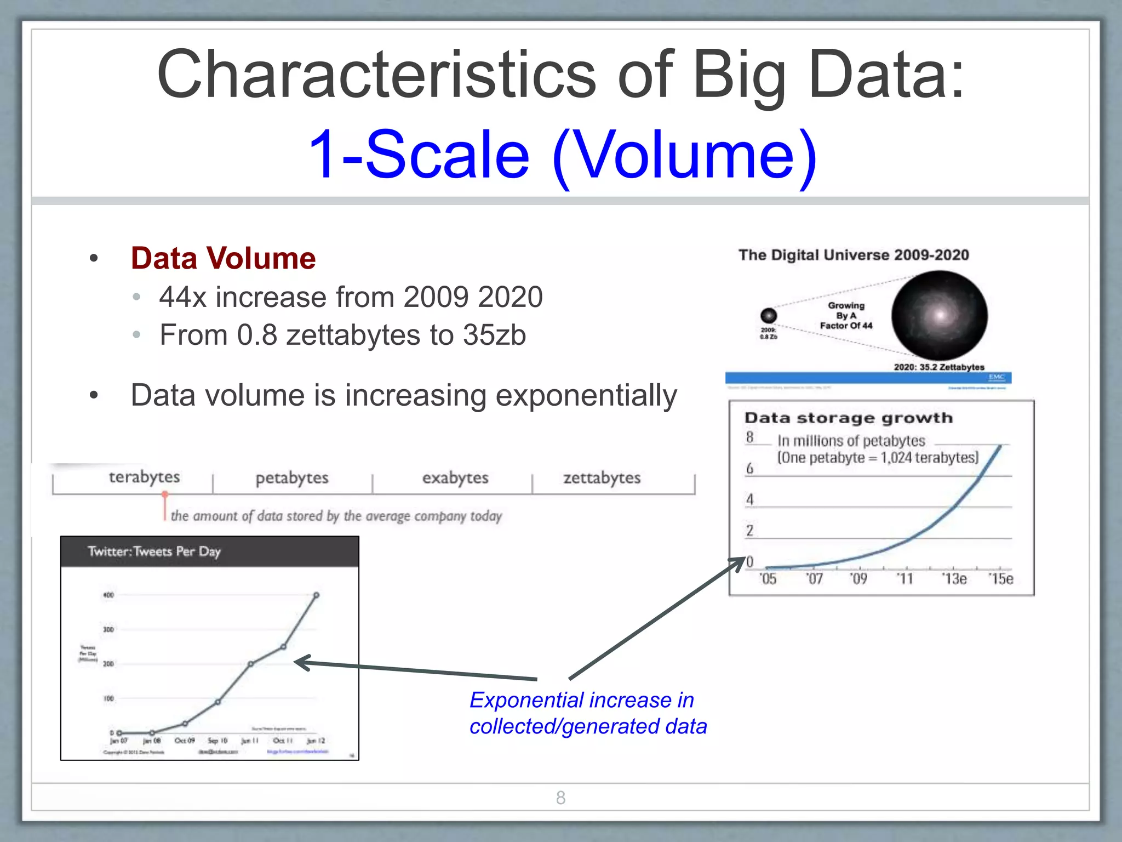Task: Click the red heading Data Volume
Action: click(223, 258)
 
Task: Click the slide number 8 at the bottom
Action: click(560, 798)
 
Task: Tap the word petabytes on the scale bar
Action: click(292, 478)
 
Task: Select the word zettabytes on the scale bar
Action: click(602, 478)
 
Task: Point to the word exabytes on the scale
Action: click(455, 478)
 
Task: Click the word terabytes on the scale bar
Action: click(144, 477)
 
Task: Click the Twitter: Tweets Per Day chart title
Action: click(154, 551)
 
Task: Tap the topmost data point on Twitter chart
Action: click(316, 595)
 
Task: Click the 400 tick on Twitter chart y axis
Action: click(108, 595)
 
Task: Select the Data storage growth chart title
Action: click(848, 418)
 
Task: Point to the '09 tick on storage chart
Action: click(858, 579)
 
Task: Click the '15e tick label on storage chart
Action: click(1000, 579)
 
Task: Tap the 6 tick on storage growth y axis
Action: click(749, 469)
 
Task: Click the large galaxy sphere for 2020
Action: click(939, 315)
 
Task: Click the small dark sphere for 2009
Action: click(769, 315)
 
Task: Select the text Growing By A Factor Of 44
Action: click(846, 316)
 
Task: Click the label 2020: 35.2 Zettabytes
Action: click(938, 367)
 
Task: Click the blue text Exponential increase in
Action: click(581, 701)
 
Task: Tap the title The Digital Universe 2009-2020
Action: click(853, 255)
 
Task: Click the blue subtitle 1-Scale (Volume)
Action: click(562, 154)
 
